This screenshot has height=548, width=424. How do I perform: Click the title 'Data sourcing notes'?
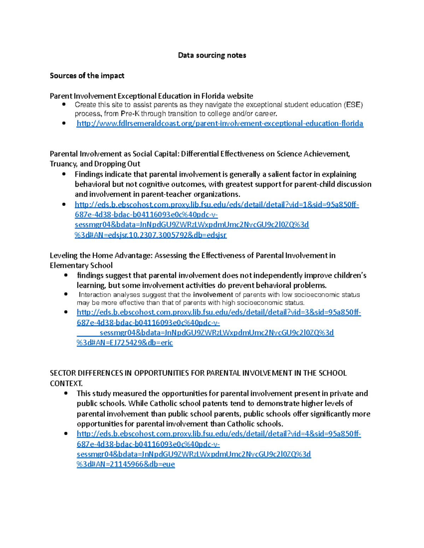click(x=212, y=55)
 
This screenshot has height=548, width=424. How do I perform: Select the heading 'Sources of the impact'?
click(x=87, y=76)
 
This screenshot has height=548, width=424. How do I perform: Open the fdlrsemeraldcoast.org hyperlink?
click(x=220, y=124)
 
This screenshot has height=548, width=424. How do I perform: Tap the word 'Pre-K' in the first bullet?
click(x=130, y=114)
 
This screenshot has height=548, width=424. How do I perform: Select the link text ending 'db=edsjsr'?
click(x=151, y=235)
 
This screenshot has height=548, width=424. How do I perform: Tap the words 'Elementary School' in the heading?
click(x=81, y=265)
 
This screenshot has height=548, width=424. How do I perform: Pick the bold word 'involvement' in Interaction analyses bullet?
click(x=213, y=295)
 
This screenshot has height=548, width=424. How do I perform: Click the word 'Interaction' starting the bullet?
click(x=95, y=295)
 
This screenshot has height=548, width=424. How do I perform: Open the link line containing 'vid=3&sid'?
click(x=219, y=312)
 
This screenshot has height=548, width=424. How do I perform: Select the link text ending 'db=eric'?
click(x=125, y=343)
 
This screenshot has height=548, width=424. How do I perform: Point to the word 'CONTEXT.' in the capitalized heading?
click(x=66, y=383)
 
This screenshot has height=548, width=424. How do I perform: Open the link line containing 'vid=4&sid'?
click(x=219, y=434)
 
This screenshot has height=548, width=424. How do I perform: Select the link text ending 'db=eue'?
click(x=126, y=464)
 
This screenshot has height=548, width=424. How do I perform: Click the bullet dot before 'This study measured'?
click(x=66, y=393)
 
